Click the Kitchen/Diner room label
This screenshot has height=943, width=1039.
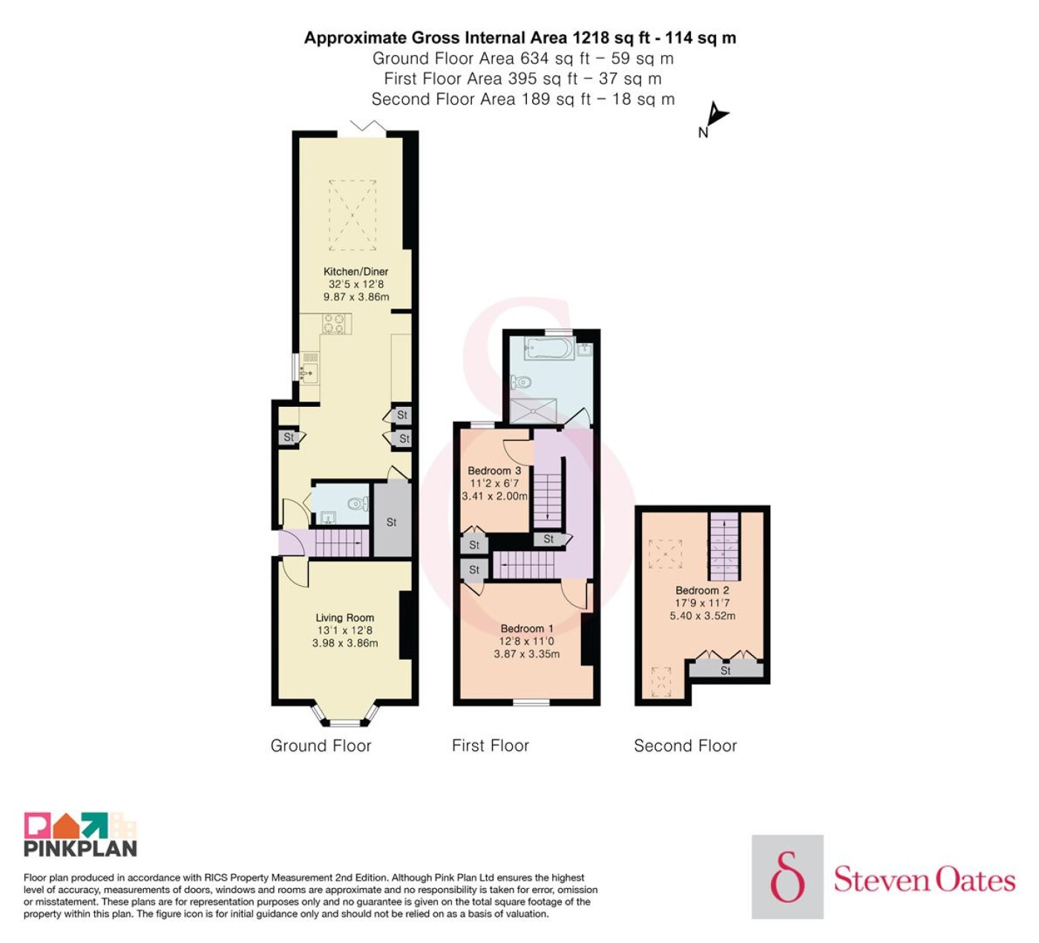355,271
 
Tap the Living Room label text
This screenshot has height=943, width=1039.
345,618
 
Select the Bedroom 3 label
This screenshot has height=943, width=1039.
494,471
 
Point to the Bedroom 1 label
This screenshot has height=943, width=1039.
526,628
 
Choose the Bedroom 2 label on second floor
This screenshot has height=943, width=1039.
702,590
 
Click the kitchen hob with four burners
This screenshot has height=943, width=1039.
334,324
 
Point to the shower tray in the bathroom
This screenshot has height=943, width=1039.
533,411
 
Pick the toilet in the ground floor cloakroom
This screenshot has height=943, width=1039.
358,503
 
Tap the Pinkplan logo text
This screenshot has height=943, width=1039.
80,862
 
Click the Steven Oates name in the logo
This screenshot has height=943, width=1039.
924,881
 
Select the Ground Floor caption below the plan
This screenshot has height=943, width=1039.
321,745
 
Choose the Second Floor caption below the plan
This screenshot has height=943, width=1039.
685,745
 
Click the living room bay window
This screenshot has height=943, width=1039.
345,714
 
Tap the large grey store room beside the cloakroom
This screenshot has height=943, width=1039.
392,520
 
